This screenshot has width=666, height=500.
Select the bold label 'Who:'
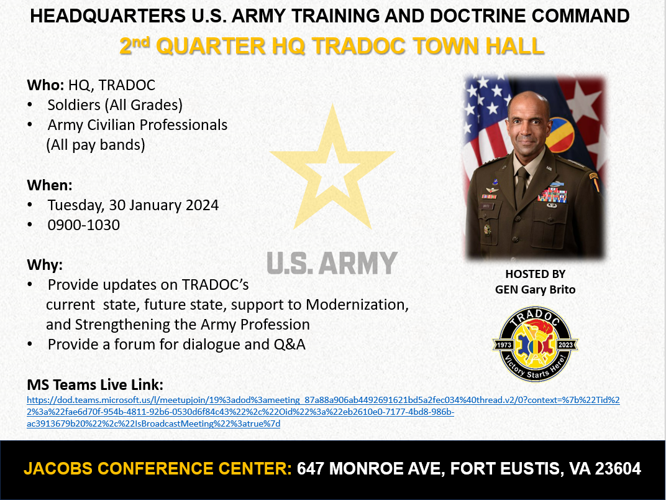45,85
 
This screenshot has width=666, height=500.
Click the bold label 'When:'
50,185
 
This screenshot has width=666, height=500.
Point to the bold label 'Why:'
45,265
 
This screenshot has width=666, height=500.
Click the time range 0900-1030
84,225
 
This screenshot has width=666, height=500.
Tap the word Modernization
357,305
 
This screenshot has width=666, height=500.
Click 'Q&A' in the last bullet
290,345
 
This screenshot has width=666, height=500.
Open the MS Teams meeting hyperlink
323,412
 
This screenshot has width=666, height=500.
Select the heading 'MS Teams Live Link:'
95,385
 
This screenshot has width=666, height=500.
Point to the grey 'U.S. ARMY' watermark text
332,263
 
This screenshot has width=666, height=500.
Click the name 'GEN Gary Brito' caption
535,290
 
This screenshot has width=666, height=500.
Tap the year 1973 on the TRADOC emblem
504,345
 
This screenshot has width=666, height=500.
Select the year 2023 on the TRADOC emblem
566,345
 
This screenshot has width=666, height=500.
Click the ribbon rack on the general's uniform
552,195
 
